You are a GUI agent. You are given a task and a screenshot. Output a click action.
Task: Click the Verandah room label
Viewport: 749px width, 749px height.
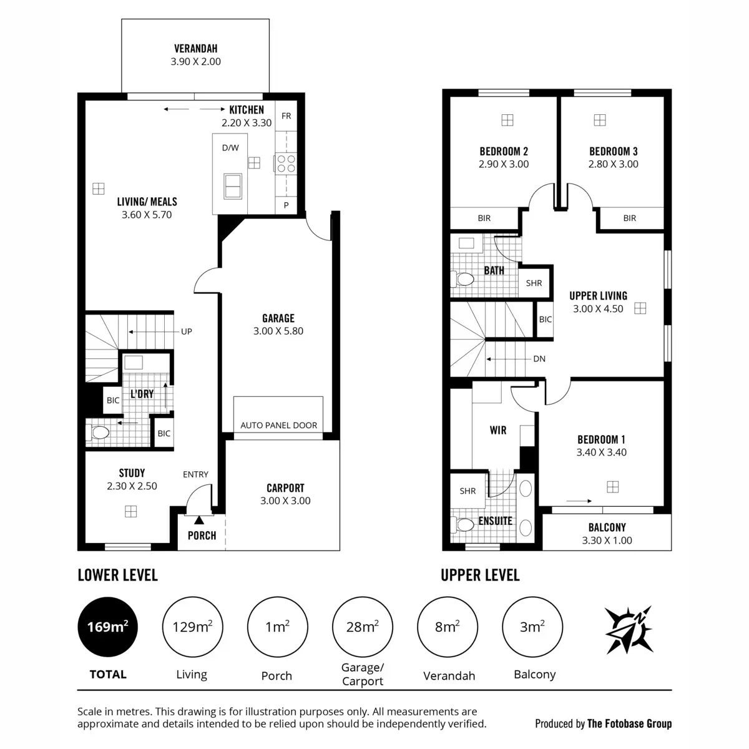click(195, 48)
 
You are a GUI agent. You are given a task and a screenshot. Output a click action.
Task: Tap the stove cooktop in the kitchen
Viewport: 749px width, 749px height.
click(286, 164)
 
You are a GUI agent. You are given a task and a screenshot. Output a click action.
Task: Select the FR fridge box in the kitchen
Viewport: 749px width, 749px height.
click(286, 116)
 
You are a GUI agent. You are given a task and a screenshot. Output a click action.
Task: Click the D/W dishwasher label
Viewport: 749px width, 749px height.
click(230, 148)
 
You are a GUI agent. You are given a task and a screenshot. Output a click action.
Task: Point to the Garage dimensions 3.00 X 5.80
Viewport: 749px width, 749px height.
click(278, 331)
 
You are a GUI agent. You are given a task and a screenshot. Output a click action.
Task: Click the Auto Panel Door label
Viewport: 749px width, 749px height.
click(278, 425)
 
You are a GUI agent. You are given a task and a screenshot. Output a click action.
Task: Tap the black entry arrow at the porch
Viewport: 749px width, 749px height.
click(198, 519)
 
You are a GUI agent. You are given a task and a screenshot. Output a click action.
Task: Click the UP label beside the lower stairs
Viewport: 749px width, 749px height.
click(187, 331)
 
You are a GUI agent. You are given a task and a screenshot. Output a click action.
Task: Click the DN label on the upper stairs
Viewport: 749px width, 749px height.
click(539, 359)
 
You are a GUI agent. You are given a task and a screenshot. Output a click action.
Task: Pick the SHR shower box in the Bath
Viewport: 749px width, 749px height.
click(534, 283)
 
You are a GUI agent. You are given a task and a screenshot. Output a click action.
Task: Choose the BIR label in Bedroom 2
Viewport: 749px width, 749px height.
click(484, 218)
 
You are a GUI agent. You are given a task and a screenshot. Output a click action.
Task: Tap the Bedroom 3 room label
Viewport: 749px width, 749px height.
click(613, 151)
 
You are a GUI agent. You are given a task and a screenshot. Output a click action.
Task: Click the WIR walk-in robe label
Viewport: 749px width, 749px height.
click(497, 430)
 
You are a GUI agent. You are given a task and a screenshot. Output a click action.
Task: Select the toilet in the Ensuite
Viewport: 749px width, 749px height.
click(464, 525)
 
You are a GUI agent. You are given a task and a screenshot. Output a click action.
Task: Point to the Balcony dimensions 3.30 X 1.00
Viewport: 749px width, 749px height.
click(607, 541)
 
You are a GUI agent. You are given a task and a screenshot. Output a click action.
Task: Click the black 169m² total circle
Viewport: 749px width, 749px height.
click(107, 627)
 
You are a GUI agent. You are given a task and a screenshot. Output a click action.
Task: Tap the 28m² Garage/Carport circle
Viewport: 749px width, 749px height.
click(363, 627)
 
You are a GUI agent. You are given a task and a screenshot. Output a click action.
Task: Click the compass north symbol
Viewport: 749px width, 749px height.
click(629, 630)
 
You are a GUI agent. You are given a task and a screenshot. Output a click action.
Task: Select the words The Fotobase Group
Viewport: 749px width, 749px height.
click(629, 724)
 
